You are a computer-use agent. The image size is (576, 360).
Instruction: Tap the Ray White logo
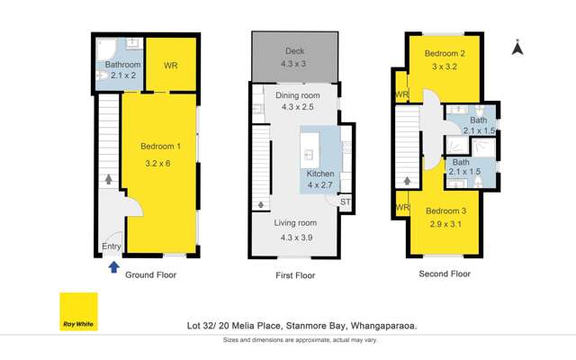[x=78, y=311]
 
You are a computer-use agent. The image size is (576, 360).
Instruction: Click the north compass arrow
[x=517, y=48]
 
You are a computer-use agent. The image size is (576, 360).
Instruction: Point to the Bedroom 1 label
[x=160, y=152]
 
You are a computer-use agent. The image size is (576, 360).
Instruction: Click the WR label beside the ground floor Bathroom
[x=171, y=66]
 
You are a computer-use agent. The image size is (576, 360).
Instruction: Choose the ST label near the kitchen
[x=345, y=202]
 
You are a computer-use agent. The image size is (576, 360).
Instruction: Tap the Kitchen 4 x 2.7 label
[x=320, y=178]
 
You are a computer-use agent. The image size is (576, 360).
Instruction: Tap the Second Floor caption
[x=445, y=274]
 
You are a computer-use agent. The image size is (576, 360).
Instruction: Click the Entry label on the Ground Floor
[x=112, y=247]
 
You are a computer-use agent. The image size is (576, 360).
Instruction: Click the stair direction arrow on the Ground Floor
[x=109, y=180]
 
